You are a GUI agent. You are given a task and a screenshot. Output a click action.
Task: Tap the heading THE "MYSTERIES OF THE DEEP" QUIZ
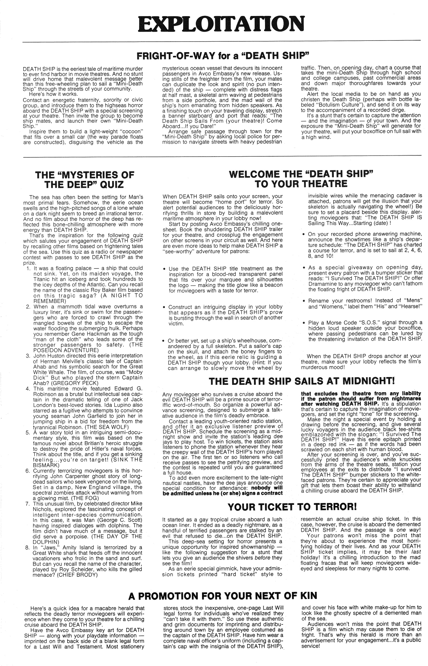pos(84,179)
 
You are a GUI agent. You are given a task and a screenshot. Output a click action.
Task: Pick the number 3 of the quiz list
pos(28,356)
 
